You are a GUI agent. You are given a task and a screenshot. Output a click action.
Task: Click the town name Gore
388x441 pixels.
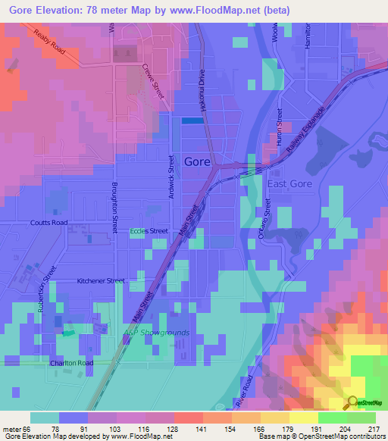coord(197,161)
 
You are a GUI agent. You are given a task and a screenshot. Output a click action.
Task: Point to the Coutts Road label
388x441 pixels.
coord(49,223)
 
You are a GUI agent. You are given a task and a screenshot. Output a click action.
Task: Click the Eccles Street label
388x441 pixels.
coord(149,231)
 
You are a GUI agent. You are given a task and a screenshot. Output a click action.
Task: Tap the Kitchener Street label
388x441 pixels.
coord(101,281)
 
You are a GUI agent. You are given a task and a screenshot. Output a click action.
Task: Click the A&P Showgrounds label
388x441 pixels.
coord(156,333)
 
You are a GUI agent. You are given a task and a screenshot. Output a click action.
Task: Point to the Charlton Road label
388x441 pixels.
coord(72,363)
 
